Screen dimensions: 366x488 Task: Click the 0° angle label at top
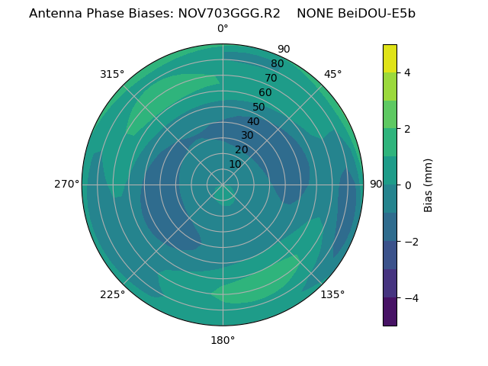[223, 29]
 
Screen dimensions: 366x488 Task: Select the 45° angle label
[332, 74]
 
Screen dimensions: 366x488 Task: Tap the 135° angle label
[332, 294]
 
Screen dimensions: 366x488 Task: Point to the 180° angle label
[223, 340]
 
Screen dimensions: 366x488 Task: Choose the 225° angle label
[112, 294]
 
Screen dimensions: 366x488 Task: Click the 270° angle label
[66, 184]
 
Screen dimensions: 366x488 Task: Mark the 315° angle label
[112, 74]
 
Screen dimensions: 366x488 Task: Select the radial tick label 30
[247, 135]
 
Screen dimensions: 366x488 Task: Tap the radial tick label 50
[259, 107]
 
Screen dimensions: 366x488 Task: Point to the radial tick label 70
[271, 78]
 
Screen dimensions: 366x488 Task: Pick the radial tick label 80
[277, 63]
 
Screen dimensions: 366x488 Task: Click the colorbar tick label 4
[407, 72]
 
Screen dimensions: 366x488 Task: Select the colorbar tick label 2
[407, 129]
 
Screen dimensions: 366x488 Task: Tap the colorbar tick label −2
[410, 242]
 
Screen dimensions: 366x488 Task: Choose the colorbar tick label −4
[410, 298]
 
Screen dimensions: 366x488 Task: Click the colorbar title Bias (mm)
[429, 185]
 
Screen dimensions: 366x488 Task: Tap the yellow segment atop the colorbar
[390, 58]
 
